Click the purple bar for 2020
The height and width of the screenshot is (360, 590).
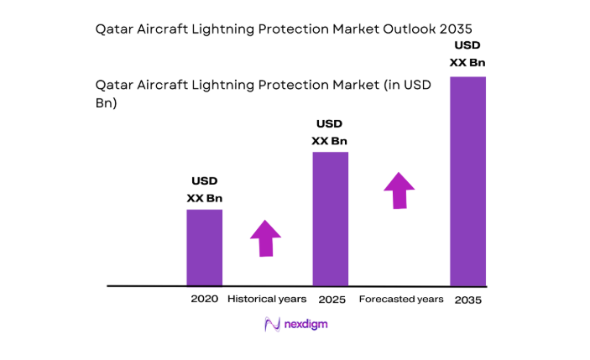[204, 247]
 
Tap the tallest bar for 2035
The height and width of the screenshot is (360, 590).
[468, 180]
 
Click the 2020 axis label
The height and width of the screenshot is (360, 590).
[204, 299]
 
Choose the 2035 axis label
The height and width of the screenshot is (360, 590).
[468, 300]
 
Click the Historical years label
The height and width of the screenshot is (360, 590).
[267, 299]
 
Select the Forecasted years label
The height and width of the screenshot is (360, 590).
[401, 299]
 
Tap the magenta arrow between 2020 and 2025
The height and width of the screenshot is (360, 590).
[266, 237]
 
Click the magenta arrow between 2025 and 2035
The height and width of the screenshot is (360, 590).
[399, 190]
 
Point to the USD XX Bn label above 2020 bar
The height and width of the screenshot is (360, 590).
[204, 189]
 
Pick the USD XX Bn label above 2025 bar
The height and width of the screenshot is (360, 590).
[330, 133]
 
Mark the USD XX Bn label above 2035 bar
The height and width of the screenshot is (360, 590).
[468, 54]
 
